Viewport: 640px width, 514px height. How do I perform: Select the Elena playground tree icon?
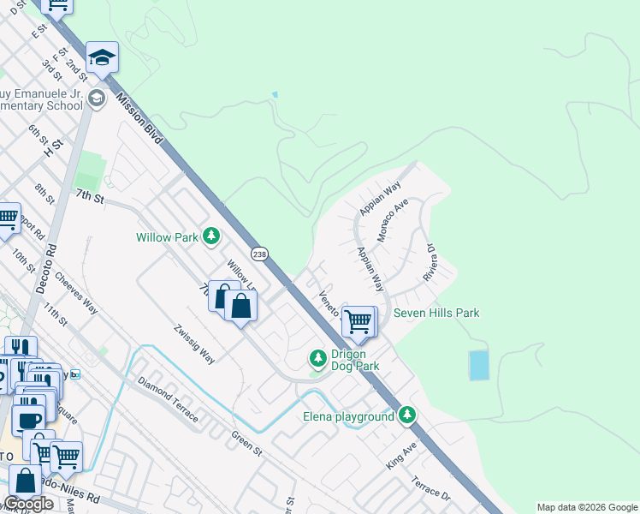tap(408, 416)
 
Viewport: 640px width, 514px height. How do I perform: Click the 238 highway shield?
tap(260, 254)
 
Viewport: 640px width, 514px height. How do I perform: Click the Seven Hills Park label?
tap(436, 313)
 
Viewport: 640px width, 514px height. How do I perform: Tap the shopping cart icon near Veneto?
tap(359, 320)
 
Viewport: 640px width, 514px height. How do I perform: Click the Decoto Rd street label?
tap(51, 270)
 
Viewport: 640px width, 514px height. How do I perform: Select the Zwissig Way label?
tap(194, 344)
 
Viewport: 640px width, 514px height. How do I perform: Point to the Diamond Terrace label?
tap(168, 398)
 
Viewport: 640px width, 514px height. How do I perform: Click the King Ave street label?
tap(400, 455)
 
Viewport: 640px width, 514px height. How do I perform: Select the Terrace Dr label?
tap(430, 489)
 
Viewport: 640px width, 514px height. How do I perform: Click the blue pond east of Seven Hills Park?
tap(479, 365)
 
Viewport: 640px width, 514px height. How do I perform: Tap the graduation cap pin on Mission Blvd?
tap(102, 57)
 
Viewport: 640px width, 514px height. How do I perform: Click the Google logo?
tap(29, 504)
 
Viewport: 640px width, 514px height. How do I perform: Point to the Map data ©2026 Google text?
tap(587, 507)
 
